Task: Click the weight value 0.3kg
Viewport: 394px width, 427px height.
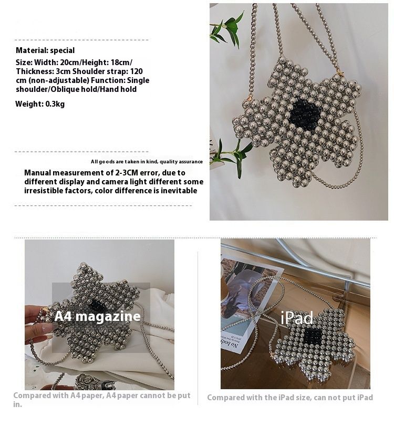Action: pos(55,104)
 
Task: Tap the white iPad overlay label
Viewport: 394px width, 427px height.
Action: pos(296,318)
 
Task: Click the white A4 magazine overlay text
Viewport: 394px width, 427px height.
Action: pos(98,316)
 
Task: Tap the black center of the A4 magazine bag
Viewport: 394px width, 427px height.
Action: pos(96,305)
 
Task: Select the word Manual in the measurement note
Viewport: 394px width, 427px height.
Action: pos(38,173)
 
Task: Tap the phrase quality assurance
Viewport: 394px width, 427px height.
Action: pos(181,162)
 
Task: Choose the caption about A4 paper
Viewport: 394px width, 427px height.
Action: pos(102,400)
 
